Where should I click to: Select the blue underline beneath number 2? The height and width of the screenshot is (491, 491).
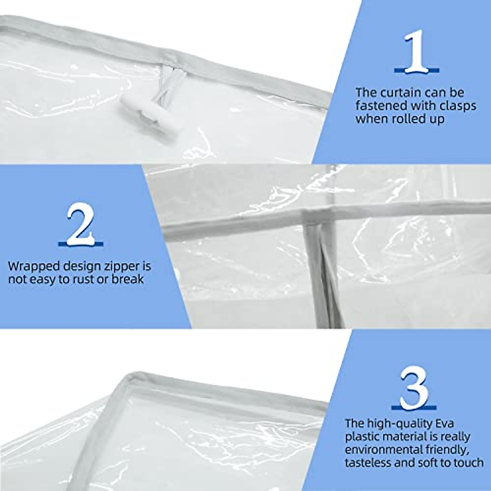(x=80, y=244)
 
